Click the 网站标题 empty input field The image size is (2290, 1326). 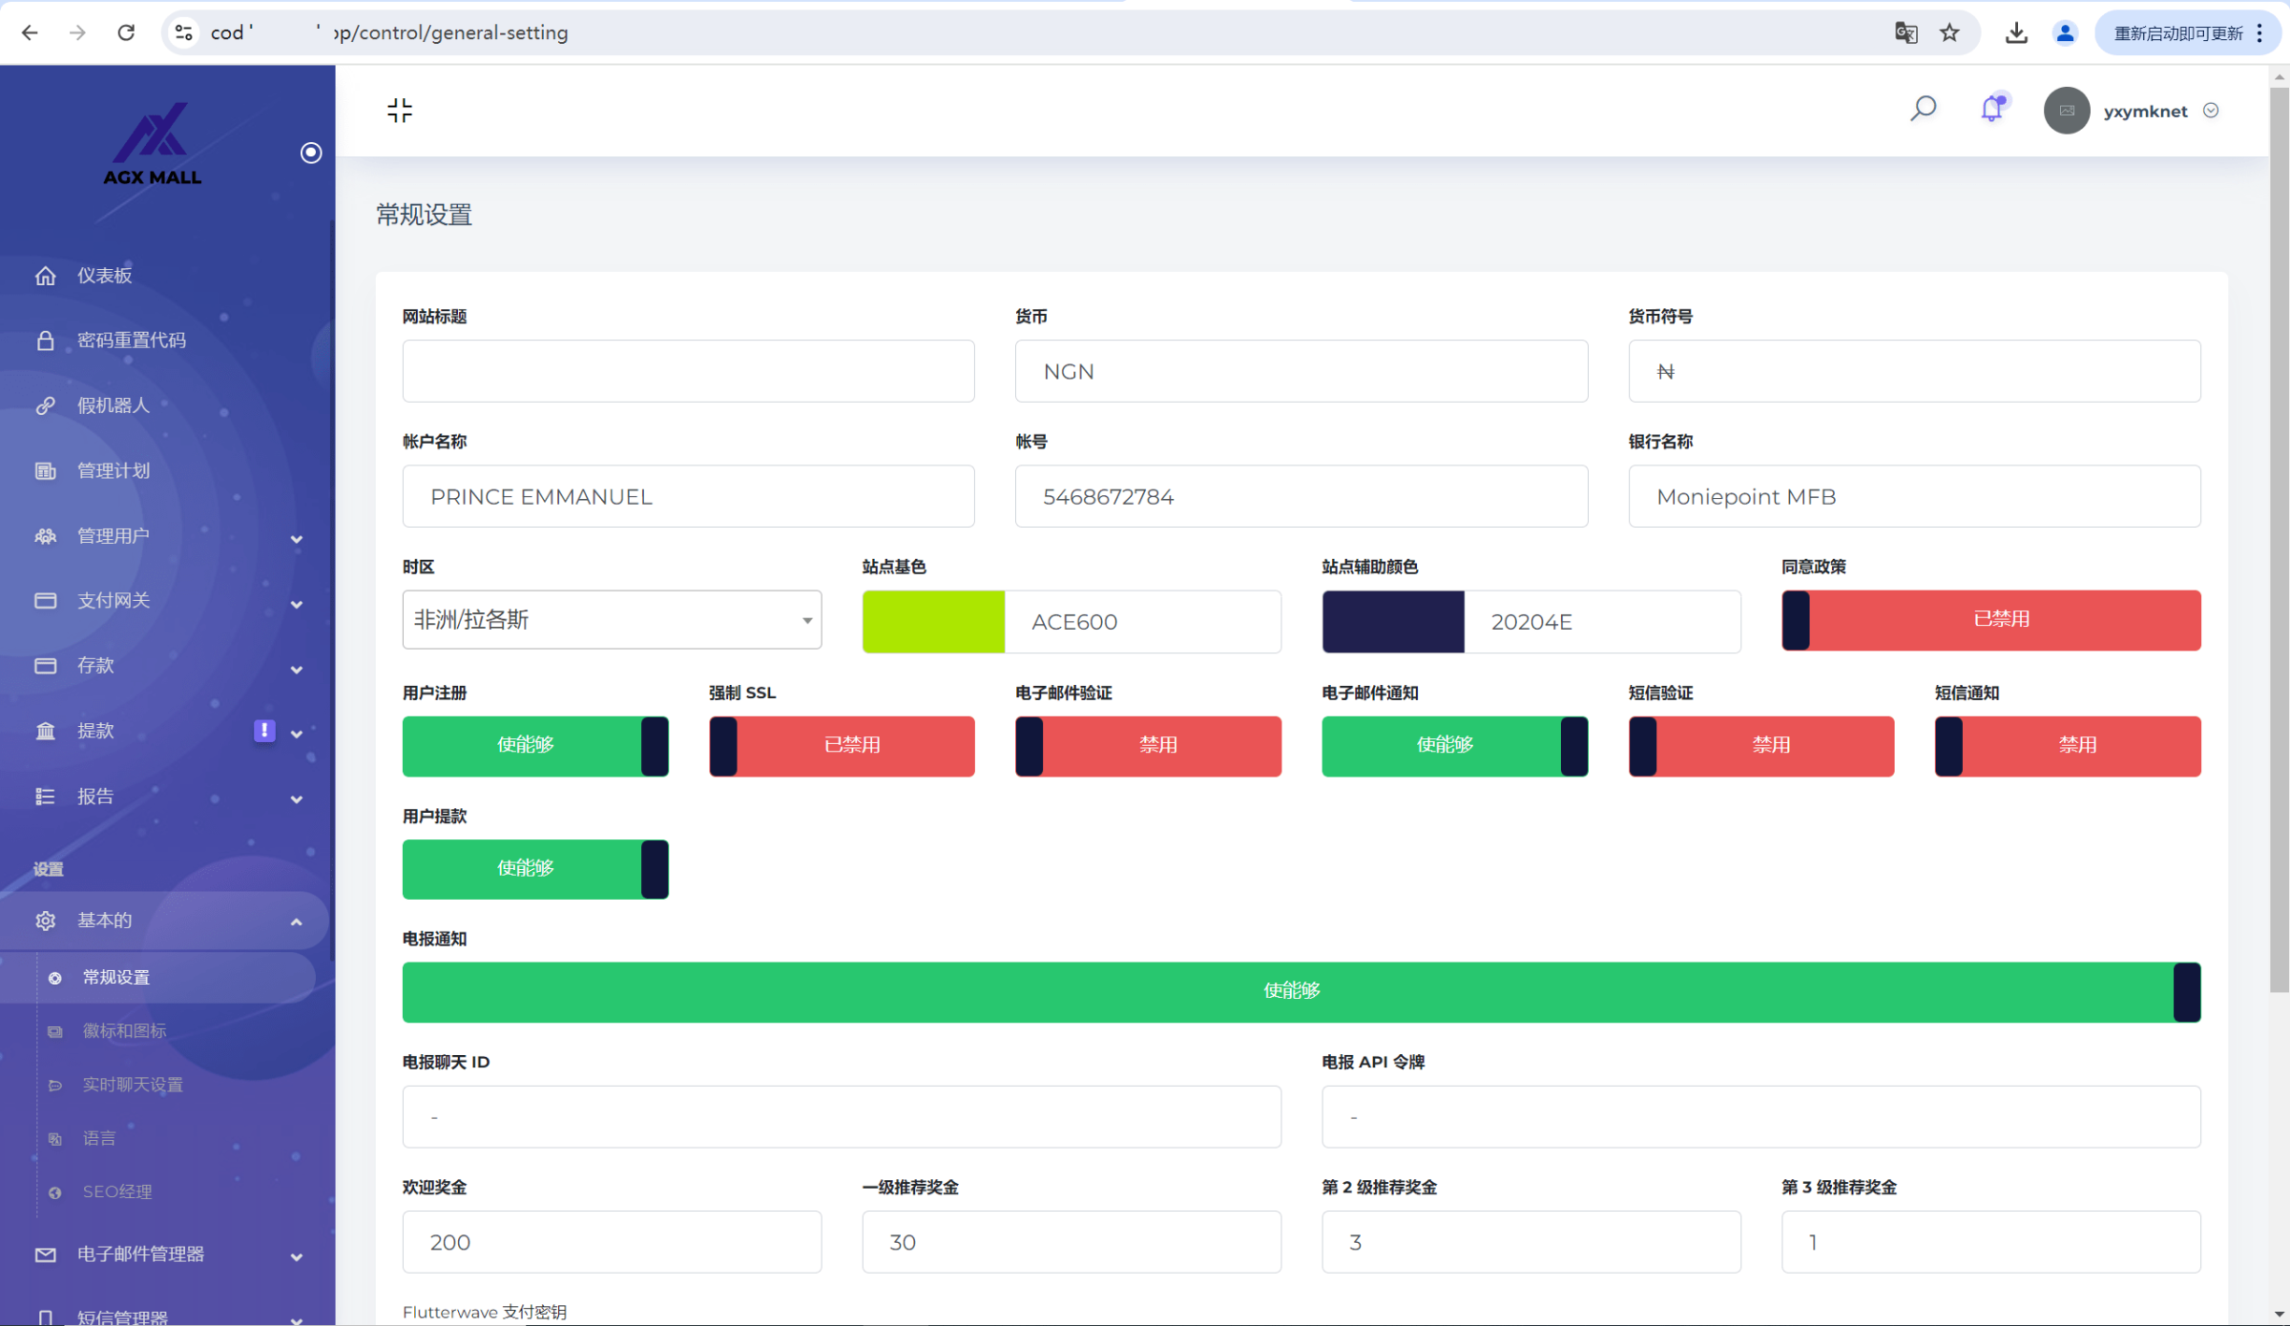(x=688, y=371)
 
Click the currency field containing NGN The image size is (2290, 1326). (x=1301, y=371)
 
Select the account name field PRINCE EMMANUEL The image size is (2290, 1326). (x=688, y=496)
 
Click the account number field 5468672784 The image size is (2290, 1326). (x=1301, y=496)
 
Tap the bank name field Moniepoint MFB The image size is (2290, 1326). (x=1913, y=496)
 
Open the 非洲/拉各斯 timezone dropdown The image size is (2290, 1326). (x=612, y=620)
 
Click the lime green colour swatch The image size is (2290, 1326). (x=933, y=621)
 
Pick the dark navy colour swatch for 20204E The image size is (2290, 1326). (x=1392, y=621)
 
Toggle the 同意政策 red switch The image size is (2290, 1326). (x=1990, y=620)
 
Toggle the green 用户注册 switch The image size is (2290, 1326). (x=535, y=745)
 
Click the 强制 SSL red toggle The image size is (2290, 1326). (x=842, y=745)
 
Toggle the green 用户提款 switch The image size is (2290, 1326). (x=535, y=868)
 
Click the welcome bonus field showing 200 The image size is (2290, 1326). (x=612, y=1241)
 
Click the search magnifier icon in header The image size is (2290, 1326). (x=1923, y=110)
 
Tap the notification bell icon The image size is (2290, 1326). (x=1991, y=109)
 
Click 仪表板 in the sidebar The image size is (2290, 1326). (x=105, y=276)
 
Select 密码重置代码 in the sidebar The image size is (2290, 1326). (x=132, y=341)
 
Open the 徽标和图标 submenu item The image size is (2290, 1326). (x=124, y=1030)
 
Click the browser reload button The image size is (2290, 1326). (x=126, y=32)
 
